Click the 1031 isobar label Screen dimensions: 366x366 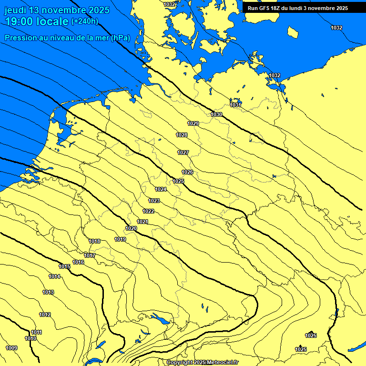[x=235, y=105]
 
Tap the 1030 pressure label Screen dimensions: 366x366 [x=216, y=114]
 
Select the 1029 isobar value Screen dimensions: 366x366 [x=193, y=123]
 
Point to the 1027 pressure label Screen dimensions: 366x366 [x=183, y=152]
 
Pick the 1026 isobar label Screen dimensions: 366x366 [x=187, y=172]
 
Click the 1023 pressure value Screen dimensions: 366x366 [x=154, y=201]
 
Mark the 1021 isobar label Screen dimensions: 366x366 [x=142, y=222]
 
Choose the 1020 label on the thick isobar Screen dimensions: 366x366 [x=132, y=229]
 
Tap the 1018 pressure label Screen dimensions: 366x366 [x=94, y=241]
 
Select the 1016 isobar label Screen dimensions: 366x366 [x=79, y=262]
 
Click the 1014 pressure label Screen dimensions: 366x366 [x=54, y=276]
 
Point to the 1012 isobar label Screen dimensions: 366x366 [x=45, y=315]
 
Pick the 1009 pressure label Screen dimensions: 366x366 [x=11, y=348]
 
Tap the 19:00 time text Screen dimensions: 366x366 [x=20, y=21]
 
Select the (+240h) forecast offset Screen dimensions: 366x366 [x=85, y=21]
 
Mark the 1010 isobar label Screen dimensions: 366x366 [x=30, y=338]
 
